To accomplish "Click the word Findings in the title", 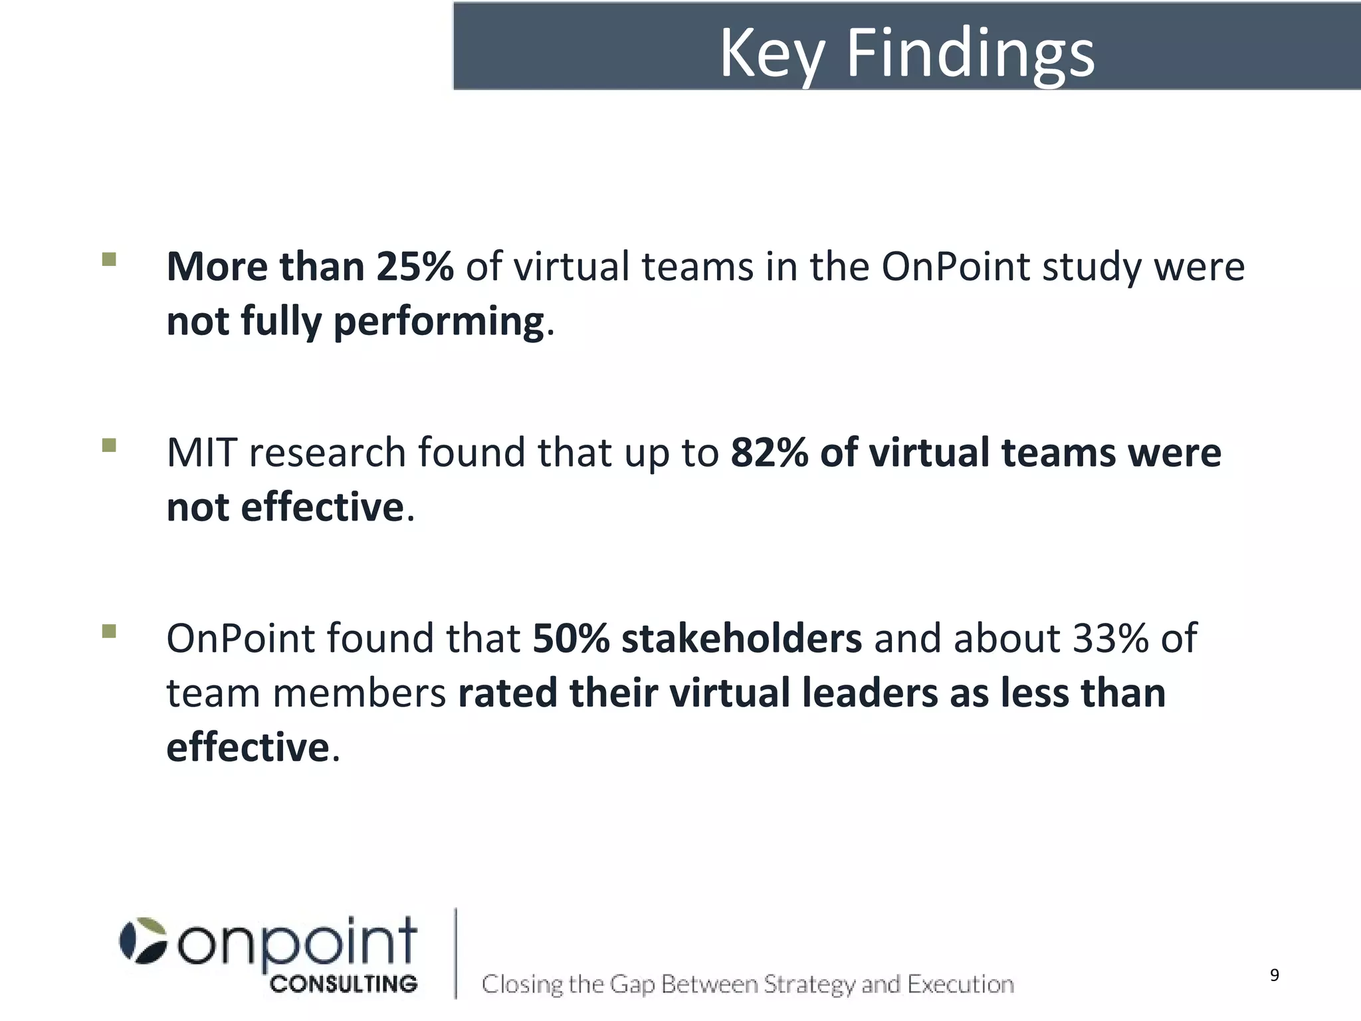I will pos(970,55).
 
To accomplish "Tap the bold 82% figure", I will pos(769,453).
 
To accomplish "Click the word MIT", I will pos(202,453).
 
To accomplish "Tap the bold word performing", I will pos(439,322).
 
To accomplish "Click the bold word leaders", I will pos(869,693).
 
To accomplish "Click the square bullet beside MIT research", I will pos(109,445).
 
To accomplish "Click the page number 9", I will pos(1274,975).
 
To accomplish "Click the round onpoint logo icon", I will pos(142,941).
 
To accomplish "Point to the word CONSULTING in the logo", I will pos(344,984).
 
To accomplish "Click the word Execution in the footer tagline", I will pos(960,984).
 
